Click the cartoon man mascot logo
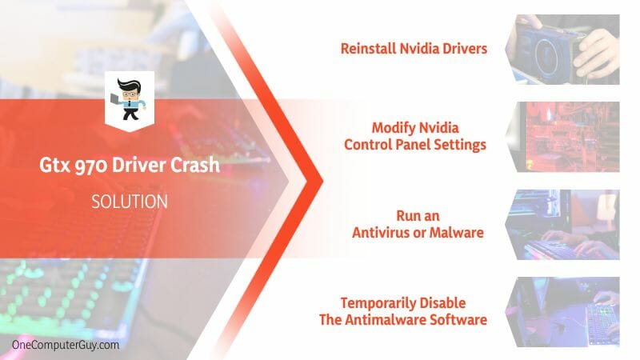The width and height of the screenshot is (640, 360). tap(129, 99)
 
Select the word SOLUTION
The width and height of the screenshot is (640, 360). tap(130, 202)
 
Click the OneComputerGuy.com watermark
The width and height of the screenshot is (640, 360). tap(66, 345)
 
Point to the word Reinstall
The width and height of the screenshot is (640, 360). tap(369, 49)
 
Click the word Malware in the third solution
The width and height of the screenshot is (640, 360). tap(457, 233)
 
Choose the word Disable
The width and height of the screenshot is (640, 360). tap(443, 303)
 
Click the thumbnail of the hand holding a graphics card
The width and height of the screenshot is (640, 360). tap(562, 50)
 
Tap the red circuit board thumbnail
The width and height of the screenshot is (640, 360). tap(562, 137)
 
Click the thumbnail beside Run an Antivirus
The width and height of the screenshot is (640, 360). tap(562, 225)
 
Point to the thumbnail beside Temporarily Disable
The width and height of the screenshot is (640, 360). tap(562, 312)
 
